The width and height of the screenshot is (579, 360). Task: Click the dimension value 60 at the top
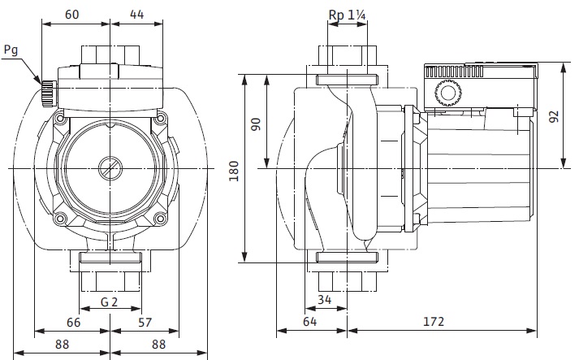73,14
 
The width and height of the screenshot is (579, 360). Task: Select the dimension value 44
136,14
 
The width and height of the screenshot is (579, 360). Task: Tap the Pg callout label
11,50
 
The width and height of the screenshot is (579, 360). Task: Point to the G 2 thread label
110,303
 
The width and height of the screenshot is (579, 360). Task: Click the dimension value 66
73,322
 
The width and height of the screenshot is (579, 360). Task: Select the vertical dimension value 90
255,125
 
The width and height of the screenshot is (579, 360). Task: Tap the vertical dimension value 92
555,115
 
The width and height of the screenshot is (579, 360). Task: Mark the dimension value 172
434,322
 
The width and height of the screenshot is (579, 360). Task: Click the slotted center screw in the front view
109,170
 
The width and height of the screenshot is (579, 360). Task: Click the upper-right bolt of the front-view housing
161,119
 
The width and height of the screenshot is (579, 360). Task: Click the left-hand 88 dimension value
61,345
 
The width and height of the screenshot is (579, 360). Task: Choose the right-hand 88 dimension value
158,345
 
